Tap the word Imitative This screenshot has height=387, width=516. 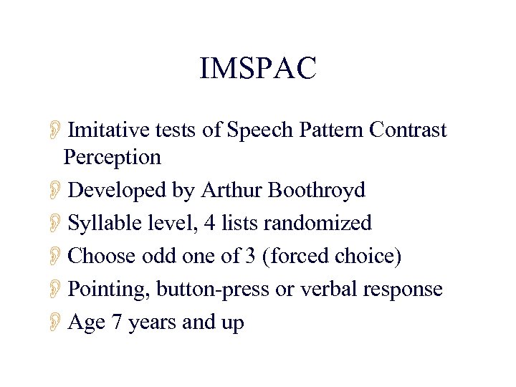point(110,130)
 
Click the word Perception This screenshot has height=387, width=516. point(112,156)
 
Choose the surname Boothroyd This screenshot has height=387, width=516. point(317,190)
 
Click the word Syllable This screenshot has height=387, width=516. point(99,223)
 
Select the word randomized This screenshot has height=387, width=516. point(317,223)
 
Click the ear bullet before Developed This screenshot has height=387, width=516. point(57,191)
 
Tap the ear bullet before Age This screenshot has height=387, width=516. point(57,323)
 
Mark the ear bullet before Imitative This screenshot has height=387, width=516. point(57,130)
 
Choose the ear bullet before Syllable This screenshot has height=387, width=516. point(57,224)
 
